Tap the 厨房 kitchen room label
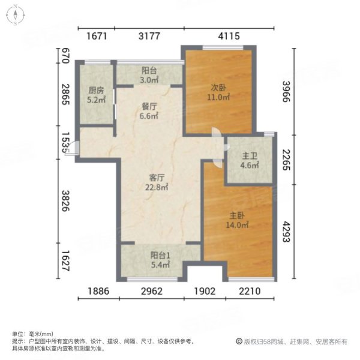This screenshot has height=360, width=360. pos(95,91)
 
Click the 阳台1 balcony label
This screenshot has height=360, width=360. pos(159,254)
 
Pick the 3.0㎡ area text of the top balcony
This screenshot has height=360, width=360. pos(149,79)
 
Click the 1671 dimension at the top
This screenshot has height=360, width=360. pos(97,37)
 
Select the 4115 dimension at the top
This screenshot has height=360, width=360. pos(229,37)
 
